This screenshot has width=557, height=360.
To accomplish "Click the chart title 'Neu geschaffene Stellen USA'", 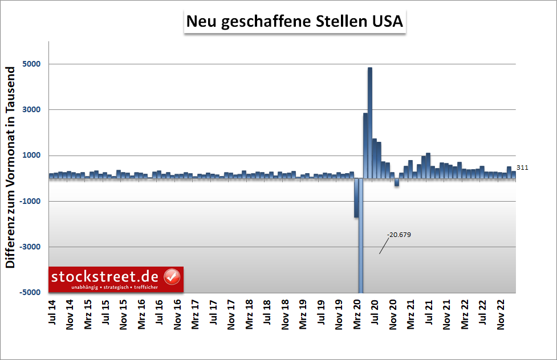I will click(294, 22).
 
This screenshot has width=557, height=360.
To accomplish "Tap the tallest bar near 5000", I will click(370, 122).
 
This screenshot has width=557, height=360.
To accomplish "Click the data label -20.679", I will click(399, 235).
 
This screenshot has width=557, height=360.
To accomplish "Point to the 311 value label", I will click(523, 167).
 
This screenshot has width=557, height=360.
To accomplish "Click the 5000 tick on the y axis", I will click(31, 64).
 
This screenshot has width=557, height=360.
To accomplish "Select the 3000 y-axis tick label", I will click(31, 110).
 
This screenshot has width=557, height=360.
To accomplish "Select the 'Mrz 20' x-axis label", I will click(357, 313).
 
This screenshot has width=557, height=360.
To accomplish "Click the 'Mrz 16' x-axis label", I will click(142, 313).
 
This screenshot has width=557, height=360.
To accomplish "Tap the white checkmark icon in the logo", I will click(172, 277).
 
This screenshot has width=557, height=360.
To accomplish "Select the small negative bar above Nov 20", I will click(397, 182).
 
